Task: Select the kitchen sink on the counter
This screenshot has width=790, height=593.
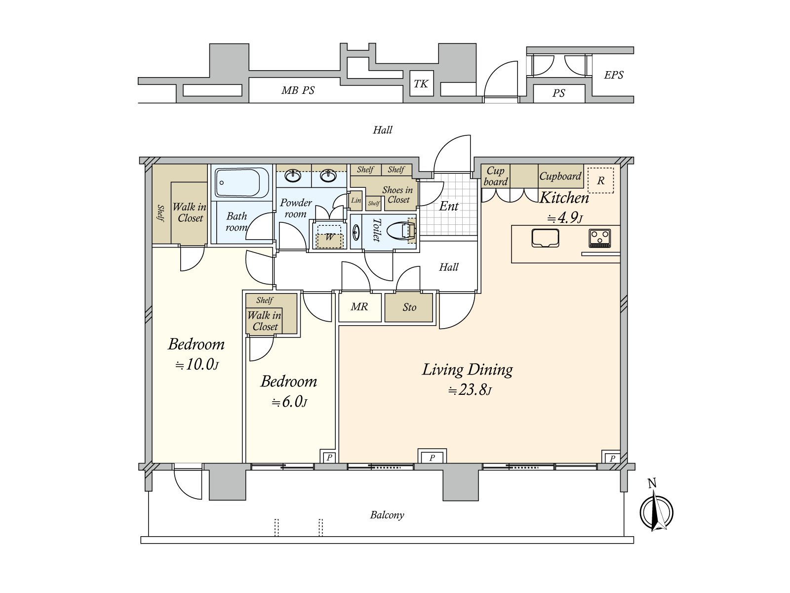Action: click(545, 238)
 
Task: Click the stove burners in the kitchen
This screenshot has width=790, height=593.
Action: click(599, 238)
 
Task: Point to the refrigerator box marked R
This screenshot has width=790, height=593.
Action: click(600, 180)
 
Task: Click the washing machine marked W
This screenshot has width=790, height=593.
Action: click(329, 237)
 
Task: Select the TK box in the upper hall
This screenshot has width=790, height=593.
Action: click(422, 84)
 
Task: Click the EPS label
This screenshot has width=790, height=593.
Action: click(613, 75)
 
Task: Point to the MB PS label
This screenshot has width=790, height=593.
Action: click(298, 90)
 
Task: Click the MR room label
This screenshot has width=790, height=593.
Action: click(359, 307)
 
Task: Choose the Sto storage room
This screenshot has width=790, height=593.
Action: click(409, 307)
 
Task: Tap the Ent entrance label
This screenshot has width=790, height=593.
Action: click(449, 206)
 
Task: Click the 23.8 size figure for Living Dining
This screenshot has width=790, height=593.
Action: click(470, 389)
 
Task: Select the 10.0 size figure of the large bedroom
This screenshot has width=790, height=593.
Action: click(197, 365)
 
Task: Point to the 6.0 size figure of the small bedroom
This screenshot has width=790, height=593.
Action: click(289, 402)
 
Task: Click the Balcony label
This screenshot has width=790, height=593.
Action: click(387, 515)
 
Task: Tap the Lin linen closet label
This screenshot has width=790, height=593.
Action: click(356, 201)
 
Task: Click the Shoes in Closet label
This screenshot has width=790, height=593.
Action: click(397, 195)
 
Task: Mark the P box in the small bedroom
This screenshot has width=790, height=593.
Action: click(329, 457)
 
